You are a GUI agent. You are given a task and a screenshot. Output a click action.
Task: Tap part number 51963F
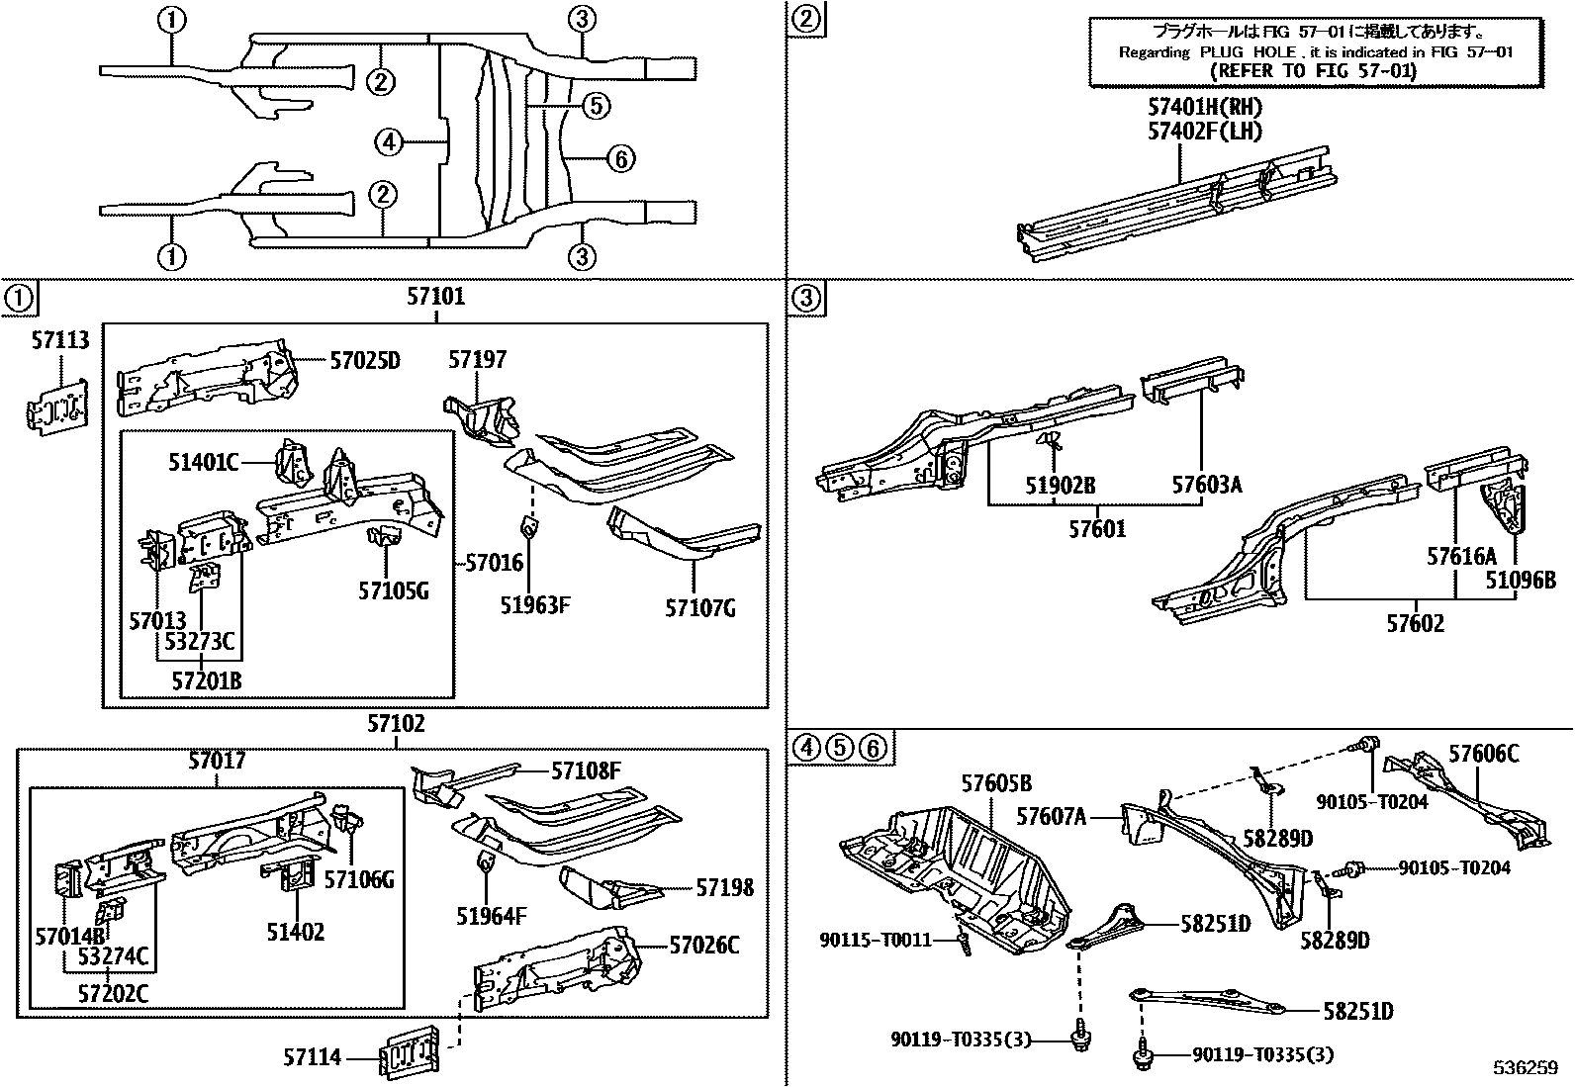(533, 605)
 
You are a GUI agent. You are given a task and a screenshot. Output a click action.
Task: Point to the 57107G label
(699, 607)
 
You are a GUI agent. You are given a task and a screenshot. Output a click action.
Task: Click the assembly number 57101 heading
(435, 296)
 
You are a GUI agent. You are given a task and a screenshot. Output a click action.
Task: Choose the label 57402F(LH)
(1204, 131)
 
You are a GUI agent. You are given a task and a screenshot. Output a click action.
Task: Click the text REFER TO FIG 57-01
(1314, 72)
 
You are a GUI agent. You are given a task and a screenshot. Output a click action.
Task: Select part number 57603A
(1206, 485)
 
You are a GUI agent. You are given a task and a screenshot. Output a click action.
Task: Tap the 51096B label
(1520, 580)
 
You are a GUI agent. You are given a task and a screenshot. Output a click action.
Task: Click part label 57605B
(996, 784)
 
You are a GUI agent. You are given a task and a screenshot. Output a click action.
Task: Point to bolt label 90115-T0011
(876, 940)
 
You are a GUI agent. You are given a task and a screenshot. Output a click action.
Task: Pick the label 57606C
(1483, 755)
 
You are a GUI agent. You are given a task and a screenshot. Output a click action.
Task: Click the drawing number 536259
(1526, 1069)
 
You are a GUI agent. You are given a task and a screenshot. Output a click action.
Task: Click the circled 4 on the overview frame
(390, 143)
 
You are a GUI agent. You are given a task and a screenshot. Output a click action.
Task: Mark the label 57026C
(703, 946)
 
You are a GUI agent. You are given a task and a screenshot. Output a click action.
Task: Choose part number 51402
(295, 932)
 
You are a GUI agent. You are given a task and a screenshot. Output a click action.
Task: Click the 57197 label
(477, 359)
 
